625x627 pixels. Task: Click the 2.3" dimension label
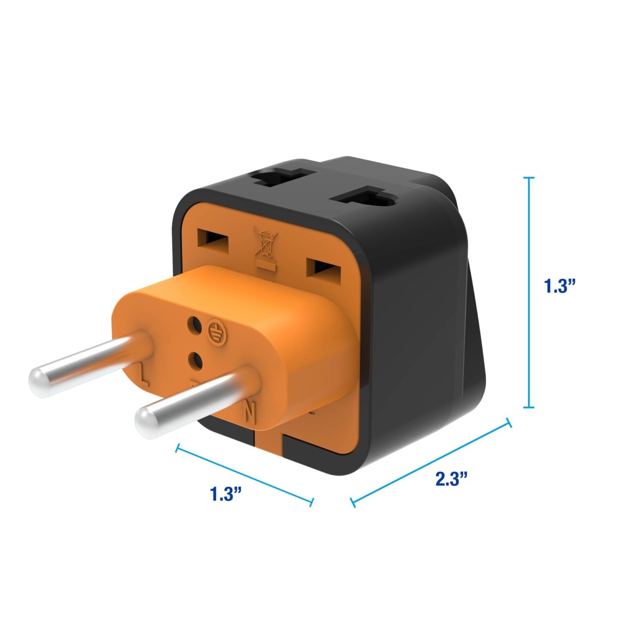(451, 478)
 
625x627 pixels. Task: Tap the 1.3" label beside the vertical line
(559, 286)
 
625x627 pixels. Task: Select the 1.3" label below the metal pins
(225, 494)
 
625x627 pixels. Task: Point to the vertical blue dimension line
(529, 292)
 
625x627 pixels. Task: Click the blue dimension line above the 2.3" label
(431, 462)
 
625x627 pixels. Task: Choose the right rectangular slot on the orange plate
(323, 268)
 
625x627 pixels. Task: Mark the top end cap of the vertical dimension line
(529, 178)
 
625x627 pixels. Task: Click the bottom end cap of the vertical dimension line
(529, 407)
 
